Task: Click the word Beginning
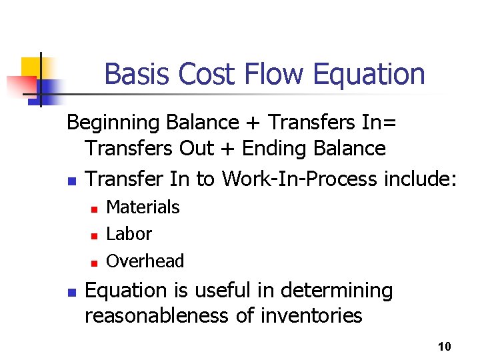point(114,123)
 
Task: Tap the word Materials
point(143,207)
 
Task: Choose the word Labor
point(129,234)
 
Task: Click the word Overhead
point(145,261)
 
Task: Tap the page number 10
point(445,347)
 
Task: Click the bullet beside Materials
point(95,209)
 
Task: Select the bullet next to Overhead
point(95,263)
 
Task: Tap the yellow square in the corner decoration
point(31,67)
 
